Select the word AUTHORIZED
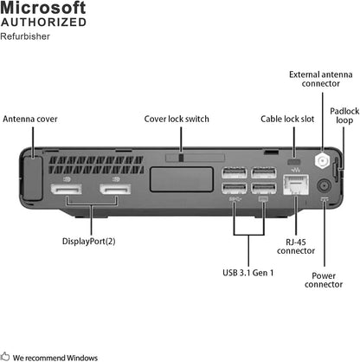point(43,23)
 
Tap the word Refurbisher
point(25,36)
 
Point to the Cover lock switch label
point(181,119)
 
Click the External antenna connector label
point(319,81)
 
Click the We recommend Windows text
point(55,356)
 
